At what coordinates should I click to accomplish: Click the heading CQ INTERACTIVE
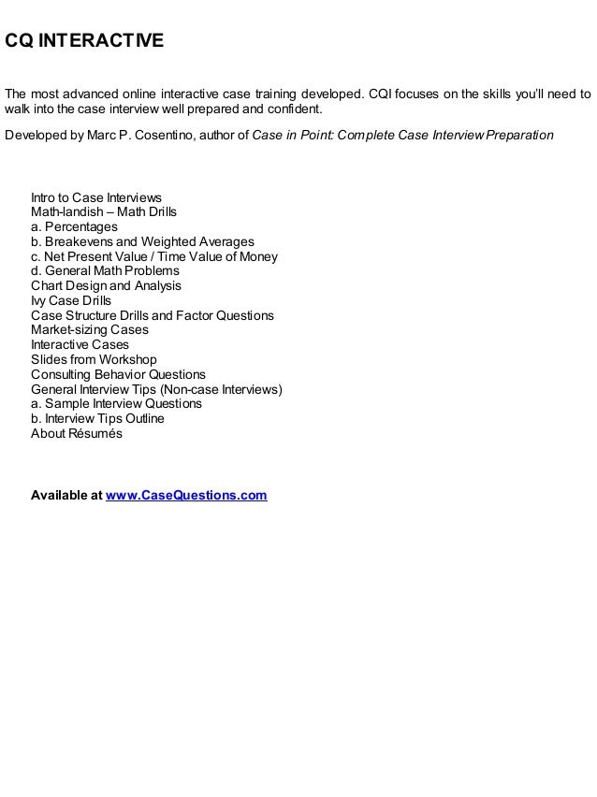[x=85, y=42]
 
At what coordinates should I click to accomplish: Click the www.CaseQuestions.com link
[x=186, y=495]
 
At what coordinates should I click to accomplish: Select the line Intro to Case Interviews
[x=96, y=197]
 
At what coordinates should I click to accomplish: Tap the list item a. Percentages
[x=74, y=227]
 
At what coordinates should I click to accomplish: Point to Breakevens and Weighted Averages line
[x=142, y=241]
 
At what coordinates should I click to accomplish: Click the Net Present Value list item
[x=154, y=256]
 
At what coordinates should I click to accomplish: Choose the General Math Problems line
[x=105, y=271]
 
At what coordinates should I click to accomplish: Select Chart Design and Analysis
[x=106, y=285]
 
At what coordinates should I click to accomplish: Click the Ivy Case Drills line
[x=71, y=300]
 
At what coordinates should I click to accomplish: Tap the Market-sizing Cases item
[x=89, y=330]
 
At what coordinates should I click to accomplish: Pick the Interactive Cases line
[x=80, y=345]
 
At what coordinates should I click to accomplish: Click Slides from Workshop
[x=94, y=359]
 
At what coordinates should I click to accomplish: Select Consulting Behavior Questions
[x=118, y=374]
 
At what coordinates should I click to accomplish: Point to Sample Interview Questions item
[x=116, y=404]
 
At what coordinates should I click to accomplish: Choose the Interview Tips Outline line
[x=97, y=418]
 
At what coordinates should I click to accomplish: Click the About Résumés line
[x=77, y=433]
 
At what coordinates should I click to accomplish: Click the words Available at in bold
[x=66, y=495]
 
